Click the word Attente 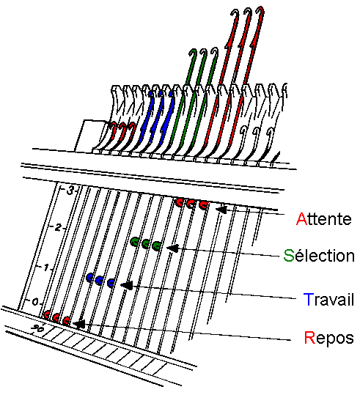[x=324, y=218]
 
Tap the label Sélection [x=319, y=256]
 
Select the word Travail [x=329, y=299]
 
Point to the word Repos [x=329, y=338]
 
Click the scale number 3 [x=70, y=191]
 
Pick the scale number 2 [x=58, y=228]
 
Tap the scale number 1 [x=46, y=267]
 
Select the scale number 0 [x=35, y=301]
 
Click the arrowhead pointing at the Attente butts [x=221, y=210]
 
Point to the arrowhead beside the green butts [x=173, y=248]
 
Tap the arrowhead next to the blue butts [x=127, y=285]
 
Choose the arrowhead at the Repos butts [x=78, y=324]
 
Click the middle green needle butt [x=146, y=244]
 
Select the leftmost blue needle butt [x=89, y=278]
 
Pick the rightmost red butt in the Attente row [x=203, y=204]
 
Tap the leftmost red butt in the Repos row [x=46, y=314]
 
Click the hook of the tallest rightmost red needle [x=260, y=11]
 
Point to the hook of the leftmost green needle [x=193, y=53]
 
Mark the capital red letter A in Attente [x=301, y=218]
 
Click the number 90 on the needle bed [x=38, y=328]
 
